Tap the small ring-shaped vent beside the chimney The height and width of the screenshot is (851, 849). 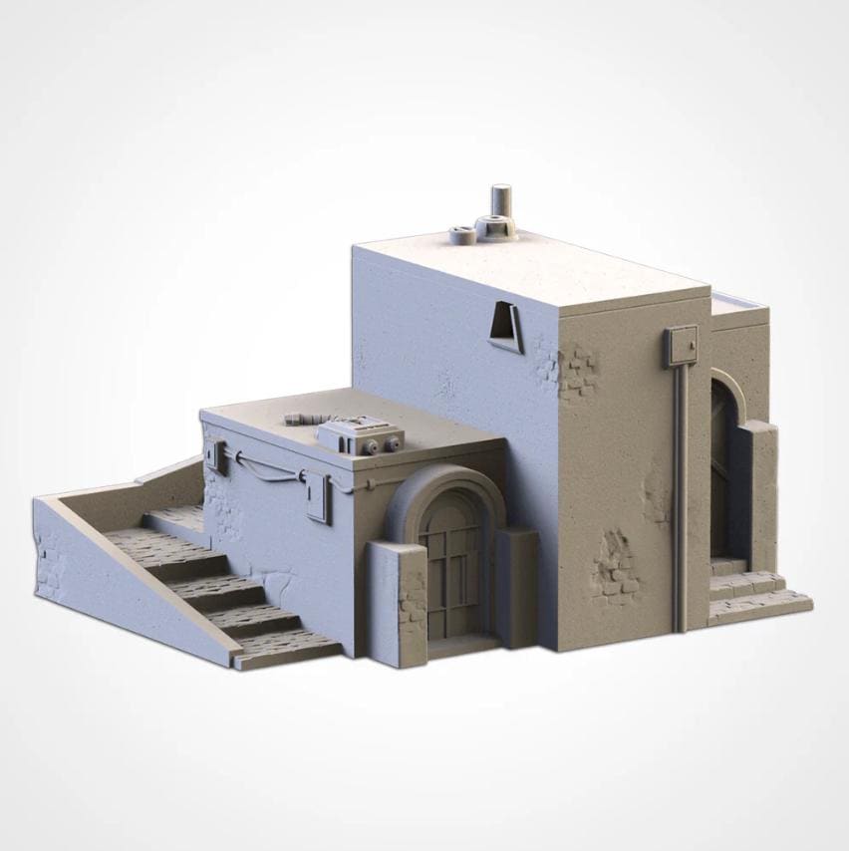click(x=460, y=236)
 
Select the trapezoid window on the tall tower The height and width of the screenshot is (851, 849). click(x=506, y=328)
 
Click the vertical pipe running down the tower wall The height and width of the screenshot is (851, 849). click(x=681, y=498)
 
